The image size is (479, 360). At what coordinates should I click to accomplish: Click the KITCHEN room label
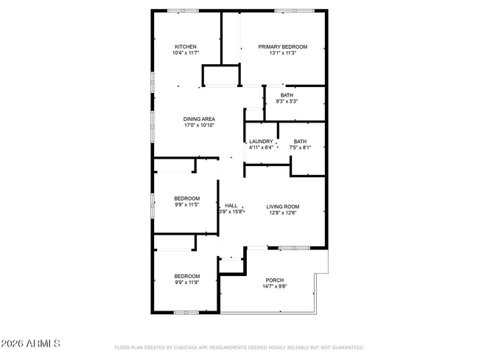(x=186, y=46)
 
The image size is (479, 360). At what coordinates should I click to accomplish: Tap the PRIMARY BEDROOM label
(x=282, y=46)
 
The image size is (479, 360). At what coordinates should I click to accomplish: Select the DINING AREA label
(x=199, y=119)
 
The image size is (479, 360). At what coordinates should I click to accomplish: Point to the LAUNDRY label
(x=261, y=142)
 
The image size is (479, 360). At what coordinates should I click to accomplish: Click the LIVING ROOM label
(x=282, y=207)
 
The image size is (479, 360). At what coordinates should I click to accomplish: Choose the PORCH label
(x=275, y=280)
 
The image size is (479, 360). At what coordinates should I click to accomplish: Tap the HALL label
(x=231, y=206)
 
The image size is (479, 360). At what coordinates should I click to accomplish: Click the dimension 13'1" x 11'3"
(x=282, y=53)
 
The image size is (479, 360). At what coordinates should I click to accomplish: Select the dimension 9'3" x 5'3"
(x=287, y=101)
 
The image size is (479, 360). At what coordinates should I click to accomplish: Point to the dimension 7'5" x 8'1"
(x=300, y=148)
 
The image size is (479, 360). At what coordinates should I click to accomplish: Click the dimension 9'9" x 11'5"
(x=187, y=204)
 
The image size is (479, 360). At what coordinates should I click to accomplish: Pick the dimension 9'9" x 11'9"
(x=187, y=283)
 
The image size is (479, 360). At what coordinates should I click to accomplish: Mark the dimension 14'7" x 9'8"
(x=275, y=286)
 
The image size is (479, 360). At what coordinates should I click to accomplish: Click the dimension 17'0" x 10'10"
(x=199, y=125)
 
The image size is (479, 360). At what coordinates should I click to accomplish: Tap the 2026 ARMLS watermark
(x=30, y=344)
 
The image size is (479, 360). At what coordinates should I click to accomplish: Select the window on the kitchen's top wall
(x=183, y=11)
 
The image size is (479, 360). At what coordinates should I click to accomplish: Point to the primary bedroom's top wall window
(x=294, y=11)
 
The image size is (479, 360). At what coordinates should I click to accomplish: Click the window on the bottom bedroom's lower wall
(x=186, y=313)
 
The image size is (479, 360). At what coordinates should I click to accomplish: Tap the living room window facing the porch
(x=294, y=248)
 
